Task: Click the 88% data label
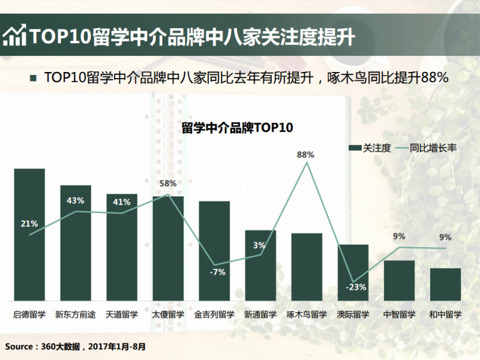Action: pyautogui.click(x=305, y=155)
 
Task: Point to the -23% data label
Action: pyautogui.click(x=356, y=287)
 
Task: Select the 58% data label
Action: pyautogui.click(x=168, y=184)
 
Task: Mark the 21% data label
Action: pyautogui.click(x=29, y=224)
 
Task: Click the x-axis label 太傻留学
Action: pyautogui.click(x=168, y=314)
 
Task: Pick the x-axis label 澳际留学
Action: pyautogui.click(x=353, y=314)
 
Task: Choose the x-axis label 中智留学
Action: pyautogui.click(x=399, y=314)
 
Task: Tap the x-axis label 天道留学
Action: pyautogui.click(x=122, y=314)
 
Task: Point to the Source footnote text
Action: pyautogui.click(x=75, y=346)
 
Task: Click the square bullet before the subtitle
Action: pyautogui.click(x=33, y=78)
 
